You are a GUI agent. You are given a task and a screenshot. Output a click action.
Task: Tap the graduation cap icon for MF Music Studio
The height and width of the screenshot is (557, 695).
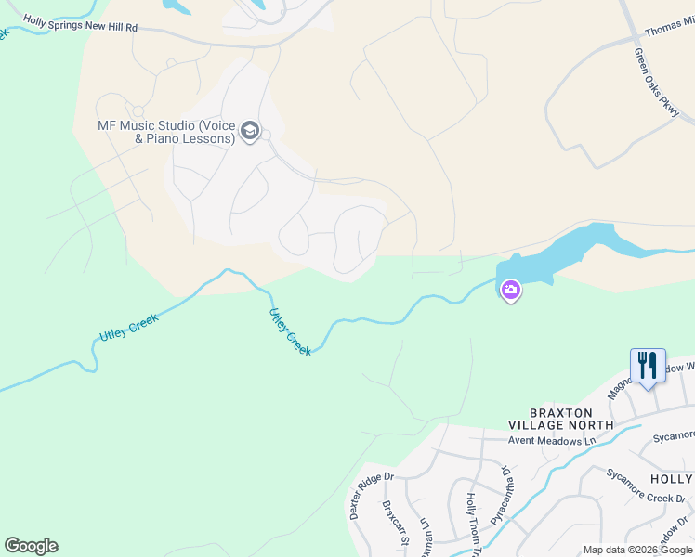[249, 132]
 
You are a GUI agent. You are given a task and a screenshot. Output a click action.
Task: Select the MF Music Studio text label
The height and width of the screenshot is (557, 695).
[165, 133]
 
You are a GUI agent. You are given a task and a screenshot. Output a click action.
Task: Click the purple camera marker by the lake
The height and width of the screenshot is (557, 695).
[510, 291]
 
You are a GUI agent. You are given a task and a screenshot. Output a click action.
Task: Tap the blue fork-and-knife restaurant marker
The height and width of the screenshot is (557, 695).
[648, 365]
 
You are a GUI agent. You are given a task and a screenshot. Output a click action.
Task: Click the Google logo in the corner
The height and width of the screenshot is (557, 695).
[31, 546]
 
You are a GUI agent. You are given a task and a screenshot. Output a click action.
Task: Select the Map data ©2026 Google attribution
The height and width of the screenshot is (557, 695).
[638, 550]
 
